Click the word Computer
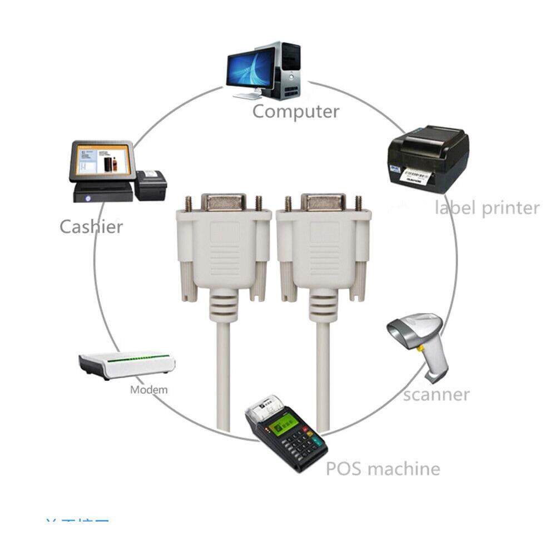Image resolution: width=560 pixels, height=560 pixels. (x=295, y=111)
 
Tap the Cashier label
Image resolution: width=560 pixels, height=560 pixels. (x=91, y=226)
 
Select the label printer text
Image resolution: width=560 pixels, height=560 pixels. (x=487, y=208)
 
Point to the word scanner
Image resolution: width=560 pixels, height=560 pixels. (x=436, y=394)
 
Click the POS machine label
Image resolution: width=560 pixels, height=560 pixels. (x=383, y=468)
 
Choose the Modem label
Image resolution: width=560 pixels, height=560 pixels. (x=148, y=389)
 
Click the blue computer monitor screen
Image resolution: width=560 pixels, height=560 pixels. (x=250, y=67)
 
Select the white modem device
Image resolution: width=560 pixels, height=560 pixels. (x=127, y=364)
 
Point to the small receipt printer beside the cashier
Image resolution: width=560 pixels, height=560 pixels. (x=150, y=185)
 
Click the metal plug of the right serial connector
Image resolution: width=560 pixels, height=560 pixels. (x=323, y=202)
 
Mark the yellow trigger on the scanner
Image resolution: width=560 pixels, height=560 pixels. (x=422, y=347)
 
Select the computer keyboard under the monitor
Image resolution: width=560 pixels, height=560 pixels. (x=247, y=96)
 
